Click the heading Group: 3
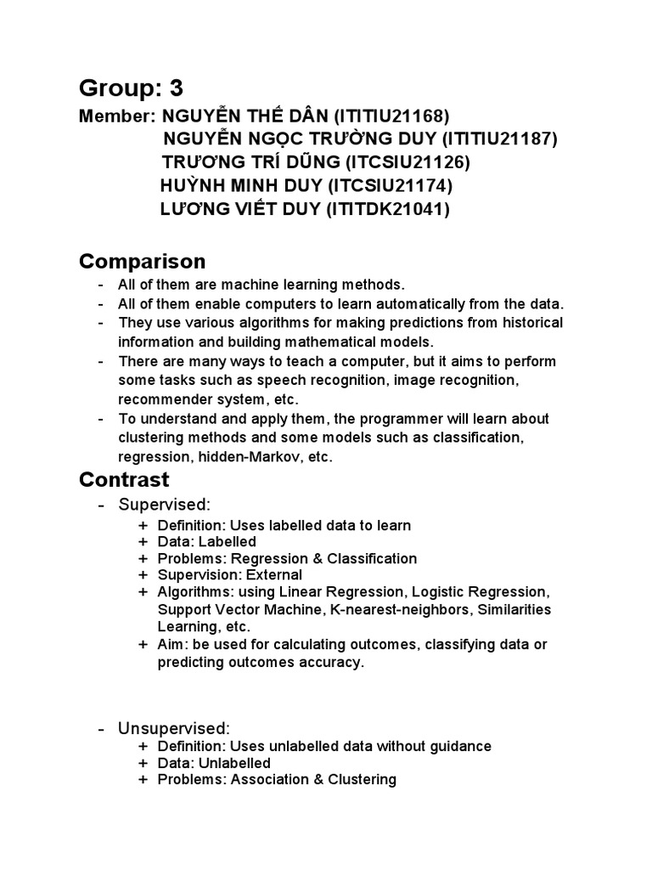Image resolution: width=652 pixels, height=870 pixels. (131, 88)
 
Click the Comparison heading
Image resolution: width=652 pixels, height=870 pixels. (142, 261)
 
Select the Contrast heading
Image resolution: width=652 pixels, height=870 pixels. (124, 480)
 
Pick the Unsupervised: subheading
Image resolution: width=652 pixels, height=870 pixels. (174, 728)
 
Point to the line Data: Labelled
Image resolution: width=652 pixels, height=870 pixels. (207, 542)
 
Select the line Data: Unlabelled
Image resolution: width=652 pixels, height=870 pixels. (214, 763)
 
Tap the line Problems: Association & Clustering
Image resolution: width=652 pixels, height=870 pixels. (277, 780)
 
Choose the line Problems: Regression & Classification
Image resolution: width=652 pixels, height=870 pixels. (287, 559)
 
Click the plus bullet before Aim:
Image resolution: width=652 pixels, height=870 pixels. (143, 644)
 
